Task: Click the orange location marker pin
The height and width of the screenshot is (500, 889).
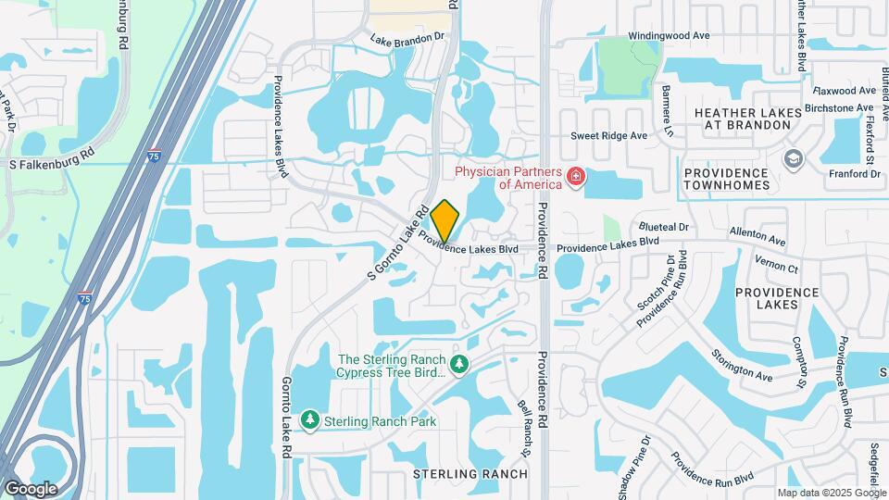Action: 444,220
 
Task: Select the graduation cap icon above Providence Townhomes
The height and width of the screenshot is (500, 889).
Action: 793,159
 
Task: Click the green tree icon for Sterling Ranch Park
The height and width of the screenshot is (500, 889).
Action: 310,421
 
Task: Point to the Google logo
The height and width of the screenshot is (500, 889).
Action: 31,488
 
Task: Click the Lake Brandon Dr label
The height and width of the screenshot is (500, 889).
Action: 407,40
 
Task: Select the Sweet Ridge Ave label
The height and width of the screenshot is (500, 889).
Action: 608,135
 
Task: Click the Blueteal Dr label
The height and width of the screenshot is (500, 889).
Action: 664,226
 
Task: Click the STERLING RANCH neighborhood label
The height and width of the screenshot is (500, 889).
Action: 470,474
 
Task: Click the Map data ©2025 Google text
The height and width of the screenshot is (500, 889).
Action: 831,493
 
